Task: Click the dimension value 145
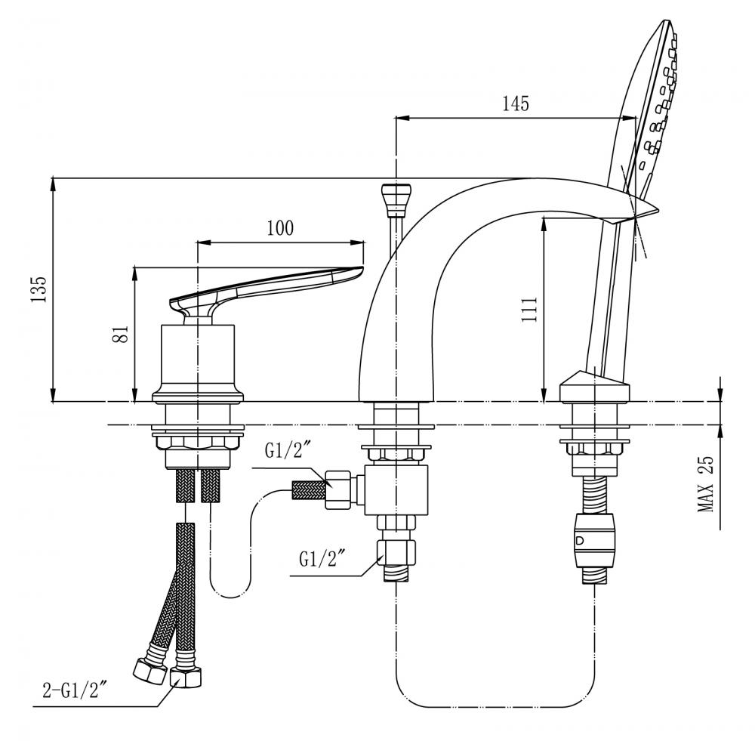pyautogui.click(x=516, y=103)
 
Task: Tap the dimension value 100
pyautogui.click(x=280, y=228)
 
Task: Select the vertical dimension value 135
pyautogui.click(x=39, y=289)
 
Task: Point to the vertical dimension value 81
pyautogui.click(x=123, y=333)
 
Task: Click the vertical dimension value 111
pyautogui.click(x=528, y=309)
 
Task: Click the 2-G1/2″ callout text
pyautogui.click(x=74, y=691)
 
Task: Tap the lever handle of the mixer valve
pyautogui.click(x=266, y=291)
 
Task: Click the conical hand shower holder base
pyautogui.click(x=595, y=387)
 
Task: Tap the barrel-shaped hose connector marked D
pyautogui.click(x=595, y=540)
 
